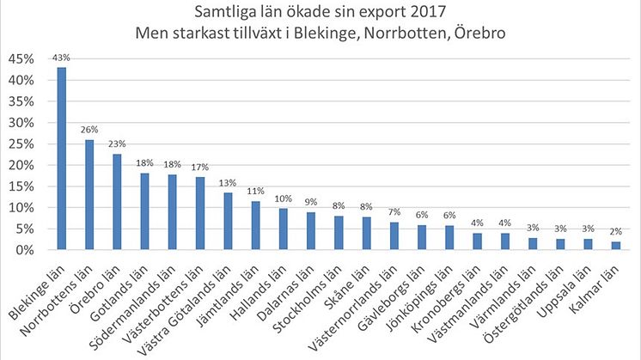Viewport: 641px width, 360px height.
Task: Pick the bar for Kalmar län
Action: (615, 246)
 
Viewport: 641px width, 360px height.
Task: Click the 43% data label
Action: (62, 58)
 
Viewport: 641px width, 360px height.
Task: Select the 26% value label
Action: (89, 131)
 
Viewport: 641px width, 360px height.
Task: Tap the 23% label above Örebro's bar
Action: (117, 143)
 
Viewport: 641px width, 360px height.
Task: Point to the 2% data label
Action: (615, 232)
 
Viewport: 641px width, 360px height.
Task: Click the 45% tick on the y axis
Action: (22, 59)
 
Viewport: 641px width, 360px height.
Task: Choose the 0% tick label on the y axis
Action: (26, 250)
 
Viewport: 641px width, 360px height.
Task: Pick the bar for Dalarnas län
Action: (311, 231)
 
